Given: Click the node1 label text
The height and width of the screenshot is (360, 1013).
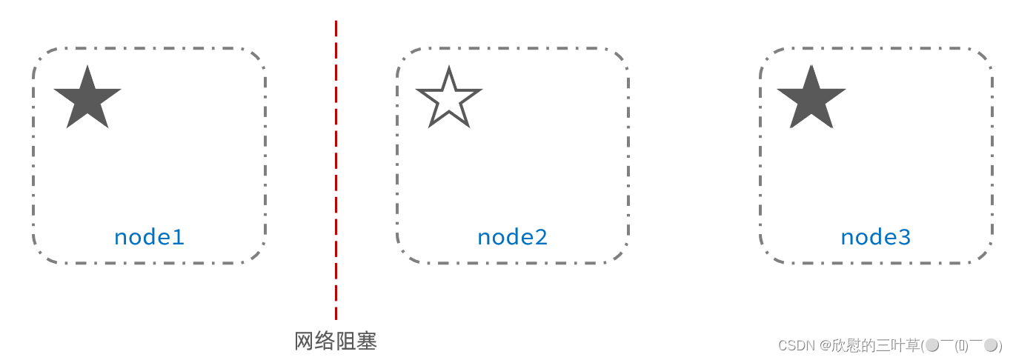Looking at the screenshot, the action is coord(148,237).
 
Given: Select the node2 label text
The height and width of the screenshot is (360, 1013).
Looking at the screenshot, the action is coord(512,237).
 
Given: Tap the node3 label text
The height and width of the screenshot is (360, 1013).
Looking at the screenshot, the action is coord(875,237).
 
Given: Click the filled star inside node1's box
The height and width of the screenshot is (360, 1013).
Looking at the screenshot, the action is coord(87,99).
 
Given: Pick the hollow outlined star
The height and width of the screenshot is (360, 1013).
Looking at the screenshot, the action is coord(449,99).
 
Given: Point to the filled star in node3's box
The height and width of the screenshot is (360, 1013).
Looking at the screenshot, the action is coord(811,99).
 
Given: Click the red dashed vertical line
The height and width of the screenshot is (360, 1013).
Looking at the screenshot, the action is coord(336,170).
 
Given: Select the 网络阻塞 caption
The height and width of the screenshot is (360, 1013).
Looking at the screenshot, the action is coord(336,341).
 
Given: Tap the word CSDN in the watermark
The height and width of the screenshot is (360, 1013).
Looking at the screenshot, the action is coord(797,345).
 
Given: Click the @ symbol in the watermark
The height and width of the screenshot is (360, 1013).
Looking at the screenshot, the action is coord(826,345).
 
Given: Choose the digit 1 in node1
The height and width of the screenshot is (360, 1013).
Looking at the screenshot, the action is coord(178,237).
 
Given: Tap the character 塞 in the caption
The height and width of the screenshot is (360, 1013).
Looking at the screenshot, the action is coord(367,341).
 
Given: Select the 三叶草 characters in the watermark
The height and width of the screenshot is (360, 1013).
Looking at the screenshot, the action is coord(898,345).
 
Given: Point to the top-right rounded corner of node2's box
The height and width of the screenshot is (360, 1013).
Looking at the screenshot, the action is coord(621,56).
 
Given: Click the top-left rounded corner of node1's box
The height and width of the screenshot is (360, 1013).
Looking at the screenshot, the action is coord(41,56).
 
